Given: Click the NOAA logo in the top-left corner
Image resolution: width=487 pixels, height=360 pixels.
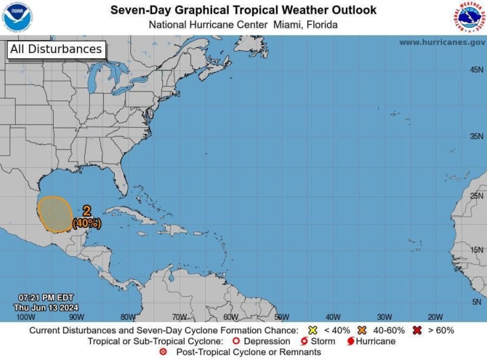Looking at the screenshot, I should pyautogui.click(x=17, y=17).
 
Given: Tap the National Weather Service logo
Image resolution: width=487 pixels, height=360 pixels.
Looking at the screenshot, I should pyautogui.click(x=470, y=17).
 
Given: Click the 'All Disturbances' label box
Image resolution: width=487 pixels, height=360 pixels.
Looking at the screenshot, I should pyautogui.click(x=56, y=49).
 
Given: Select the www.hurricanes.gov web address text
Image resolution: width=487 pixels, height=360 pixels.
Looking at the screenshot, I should pyautogui.click(x=441, y=42).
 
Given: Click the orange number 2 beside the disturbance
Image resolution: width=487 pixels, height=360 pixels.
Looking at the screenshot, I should pyautogui.click(x=87, y=211).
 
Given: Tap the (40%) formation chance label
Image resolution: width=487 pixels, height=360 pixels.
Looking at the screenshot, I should pyautogui.click(x=87, y=223).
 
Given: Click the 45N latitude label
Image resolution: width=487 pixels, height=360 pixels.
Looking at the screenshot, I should pyautogui.click(x=477, y=70).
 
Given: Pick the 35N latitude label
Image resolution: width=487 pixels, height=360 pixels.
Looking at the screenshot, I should pyautogui.click(x=477, y=137).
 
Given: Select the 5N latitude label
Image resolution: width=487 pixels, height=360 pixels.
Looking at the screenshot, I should pyautogui.click(x=478, y=302).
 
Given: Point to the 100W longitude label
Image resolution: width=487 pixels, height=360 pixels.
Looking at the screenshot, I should pyautogui.click(x=25, y=317).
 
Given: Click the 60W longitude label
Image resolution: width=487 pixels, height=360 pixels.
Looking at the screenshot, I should pyautogui.click(x=230, y=317).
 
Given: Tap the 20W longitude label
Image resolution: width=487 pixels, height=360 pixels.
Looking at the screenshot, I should pyautogui.click(x=435, y=317).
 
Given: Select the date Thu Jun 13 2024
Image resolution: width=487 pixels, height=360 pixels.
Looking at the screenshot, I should pyautogui.click(x=46, y=308).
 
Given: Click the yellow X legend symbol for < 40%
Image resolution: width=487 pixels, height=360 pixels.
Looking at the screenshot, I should pyautogui.click(x=313, y=330).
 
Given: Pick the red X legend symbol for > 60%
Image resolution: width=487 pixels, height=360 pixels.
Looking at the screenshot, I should pyautogui.click(x=416, y=330).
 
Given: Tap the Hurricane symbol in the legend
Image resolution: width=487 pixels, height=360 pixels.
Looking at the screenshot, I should pyautogui.click(x=350, y=341).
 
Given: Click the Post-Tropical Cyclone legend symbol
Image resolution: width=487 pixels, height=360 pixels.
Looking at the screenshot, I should pyautogui.click(x=162, y=352).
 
